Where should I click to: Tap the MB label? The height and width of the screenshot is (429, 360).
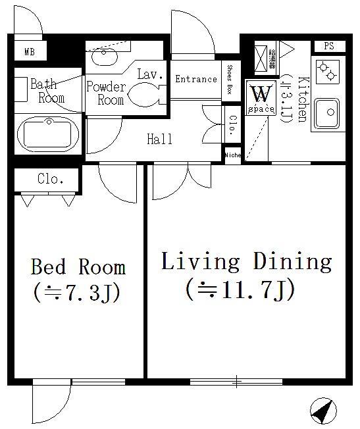click(x=30, y=51)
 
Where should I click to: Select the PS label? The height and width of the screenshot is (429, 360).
click(x=329, y=45)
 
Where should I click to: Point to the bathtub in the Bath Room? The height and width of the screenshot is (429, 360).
click(x=48, y=134)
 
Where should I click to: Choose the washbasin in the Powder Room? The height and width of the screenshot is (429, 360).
click(x=104, y=57)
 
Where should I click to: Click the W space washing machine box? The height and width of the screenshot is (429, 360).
click(x=261, y=97)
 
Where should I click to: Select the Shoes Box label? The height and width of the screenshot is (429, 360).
click(x=230, y=80)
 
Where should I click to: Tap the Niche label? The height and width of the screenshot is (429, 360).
click(x=233, y=155)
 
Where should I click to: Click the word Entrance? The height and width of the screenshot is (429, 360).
click(x=196, y=79)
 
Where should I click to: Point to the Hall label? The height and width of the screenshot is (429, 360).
click(x=160, y=139)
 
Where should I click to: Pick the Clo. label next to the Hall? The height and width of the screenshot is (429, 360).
click(x=233, y=126)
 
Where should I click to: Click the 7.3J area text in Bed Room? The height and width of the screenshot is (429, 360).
click(x=76, y=293)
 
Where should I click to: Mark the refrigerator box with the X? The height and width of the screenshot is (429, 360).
click(x=261, y=58)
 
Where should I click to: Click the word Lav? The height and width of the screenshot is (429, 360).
click(x=150, y=74)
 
